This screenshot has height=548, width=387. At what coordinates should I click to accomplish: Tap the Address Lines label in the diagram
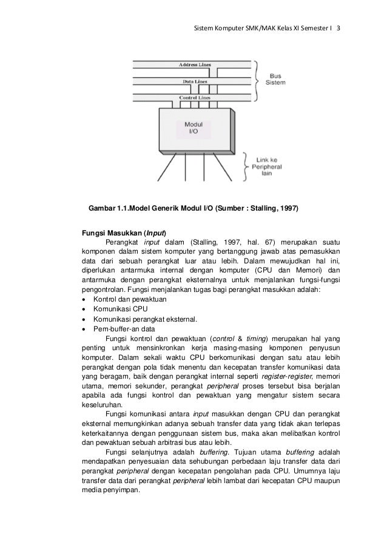coord(195,64)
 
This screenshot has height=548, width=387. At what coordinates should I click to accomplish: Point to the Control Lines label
coord(195,97)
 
